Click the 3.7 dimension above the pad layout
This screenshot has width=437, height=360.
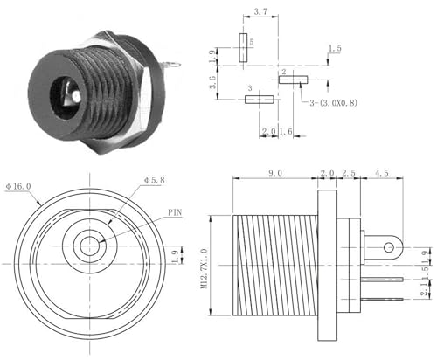(260, 13)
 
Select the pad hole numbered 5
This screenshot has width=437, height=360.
(242, 47)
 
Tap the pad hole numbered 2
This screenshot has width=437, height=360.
(293, 80)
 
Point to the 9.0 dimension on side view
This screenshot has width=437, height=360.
(274, 175)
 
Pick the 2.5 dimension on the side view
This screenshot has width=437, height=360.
(348, 175)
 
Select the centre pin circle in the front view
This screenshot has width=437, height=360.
(87, 246)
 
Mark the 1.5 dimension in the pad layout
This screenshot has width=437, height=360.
(334, 49)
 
